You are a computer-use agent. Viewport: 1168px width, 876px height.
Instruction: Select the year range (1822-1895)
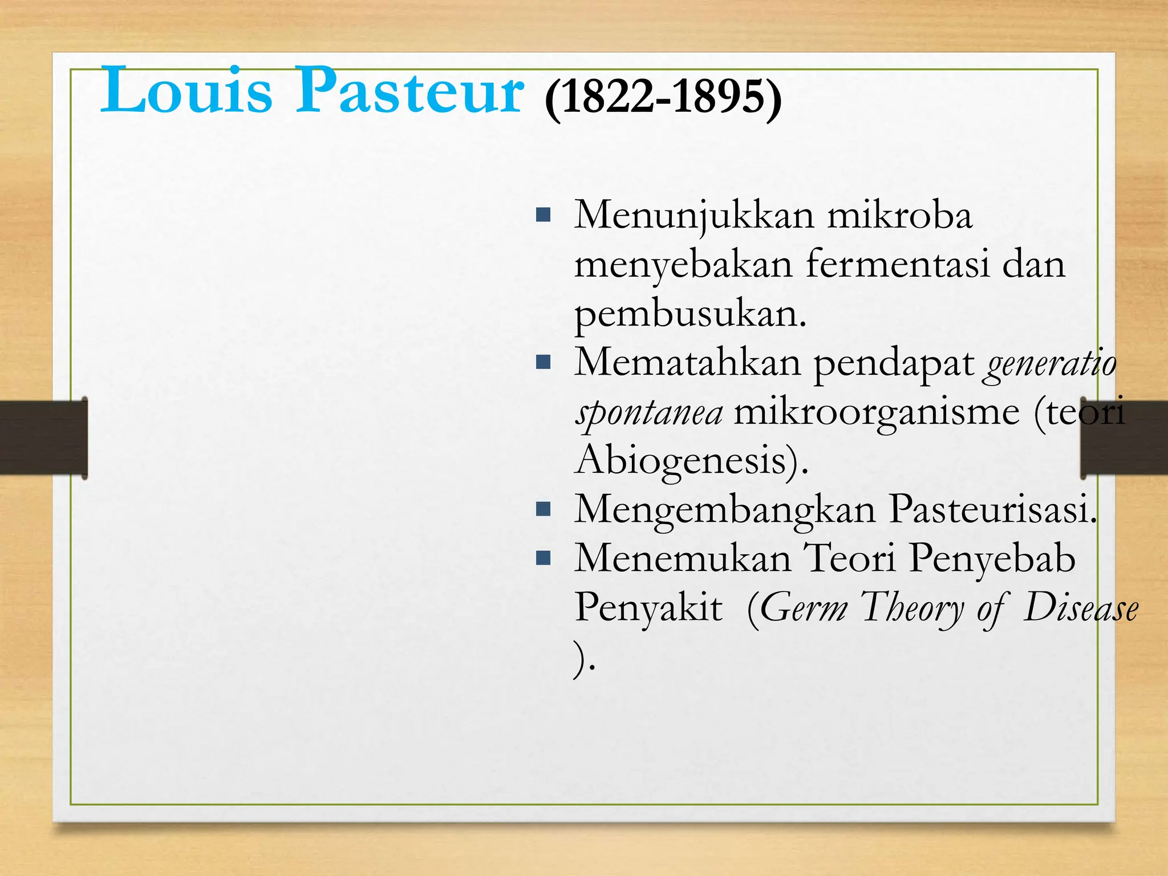(x=663, y=97)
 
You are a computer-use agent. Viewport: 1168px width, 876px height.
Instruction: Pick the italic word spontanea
(x=649, y=413)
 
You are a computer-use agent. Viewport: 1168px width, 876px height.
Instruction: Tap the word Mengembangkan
(x=725, y=510)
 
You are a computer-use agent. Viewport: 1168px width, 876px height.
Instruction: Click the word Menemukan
(x=682, y=558)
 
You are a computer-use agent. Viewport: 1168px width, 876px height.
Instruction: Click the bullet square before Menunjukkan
(x=544, y=215)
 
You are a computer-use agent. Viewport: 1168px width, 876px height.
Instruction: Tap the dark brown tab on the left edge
(x=43, y=437)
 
